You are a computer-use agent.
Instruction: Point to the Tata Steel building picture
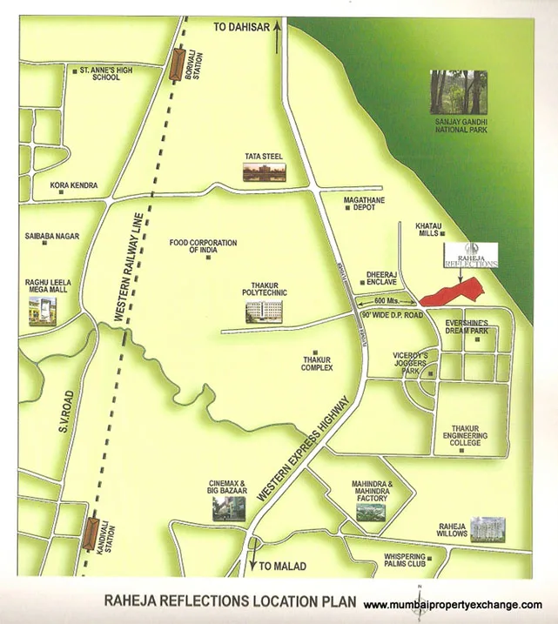point(264,171)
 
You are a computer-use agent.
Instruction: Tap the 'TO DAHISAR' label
point(242,28)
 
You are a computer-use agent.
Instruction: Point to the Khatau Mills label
point(429,228)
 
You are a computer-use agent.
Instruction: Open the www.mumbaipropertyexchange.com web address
point(452,605)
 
